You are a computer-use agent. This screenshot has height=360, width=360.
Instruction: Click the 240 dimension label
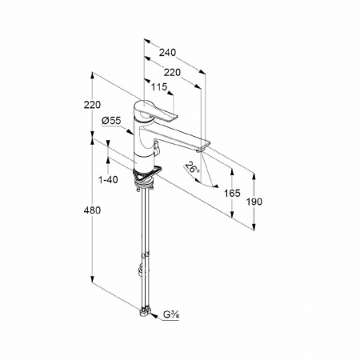(x=167, y=53)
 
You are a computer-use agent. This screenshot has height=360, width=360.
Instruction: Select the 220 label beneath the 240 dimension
(x=172, y=72)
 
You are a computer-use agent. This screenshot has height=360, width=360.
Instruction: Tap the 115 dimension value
(x=159, y=86)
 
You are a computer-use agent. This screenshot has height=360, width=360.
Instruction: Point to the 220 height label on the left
(x=92, y=105)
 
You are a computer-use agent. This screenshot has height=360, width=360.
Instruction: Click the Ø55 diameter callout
(x=111, y=121)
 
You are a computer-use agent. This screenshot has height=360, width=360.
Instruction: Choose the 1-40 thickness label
(x=108, y=180)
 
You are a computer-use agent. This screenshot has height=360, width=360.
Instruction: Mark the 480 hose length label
(x=92, y=210)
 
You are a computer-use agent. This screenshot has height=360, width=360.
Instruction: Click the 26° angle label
(x=193, y=169)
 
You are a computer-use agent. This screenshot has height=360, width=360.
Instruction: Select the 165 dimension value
(x=232, y=193)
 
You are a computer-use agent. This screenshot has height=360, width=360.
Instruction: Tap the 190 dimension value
(x=254, y=202)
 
